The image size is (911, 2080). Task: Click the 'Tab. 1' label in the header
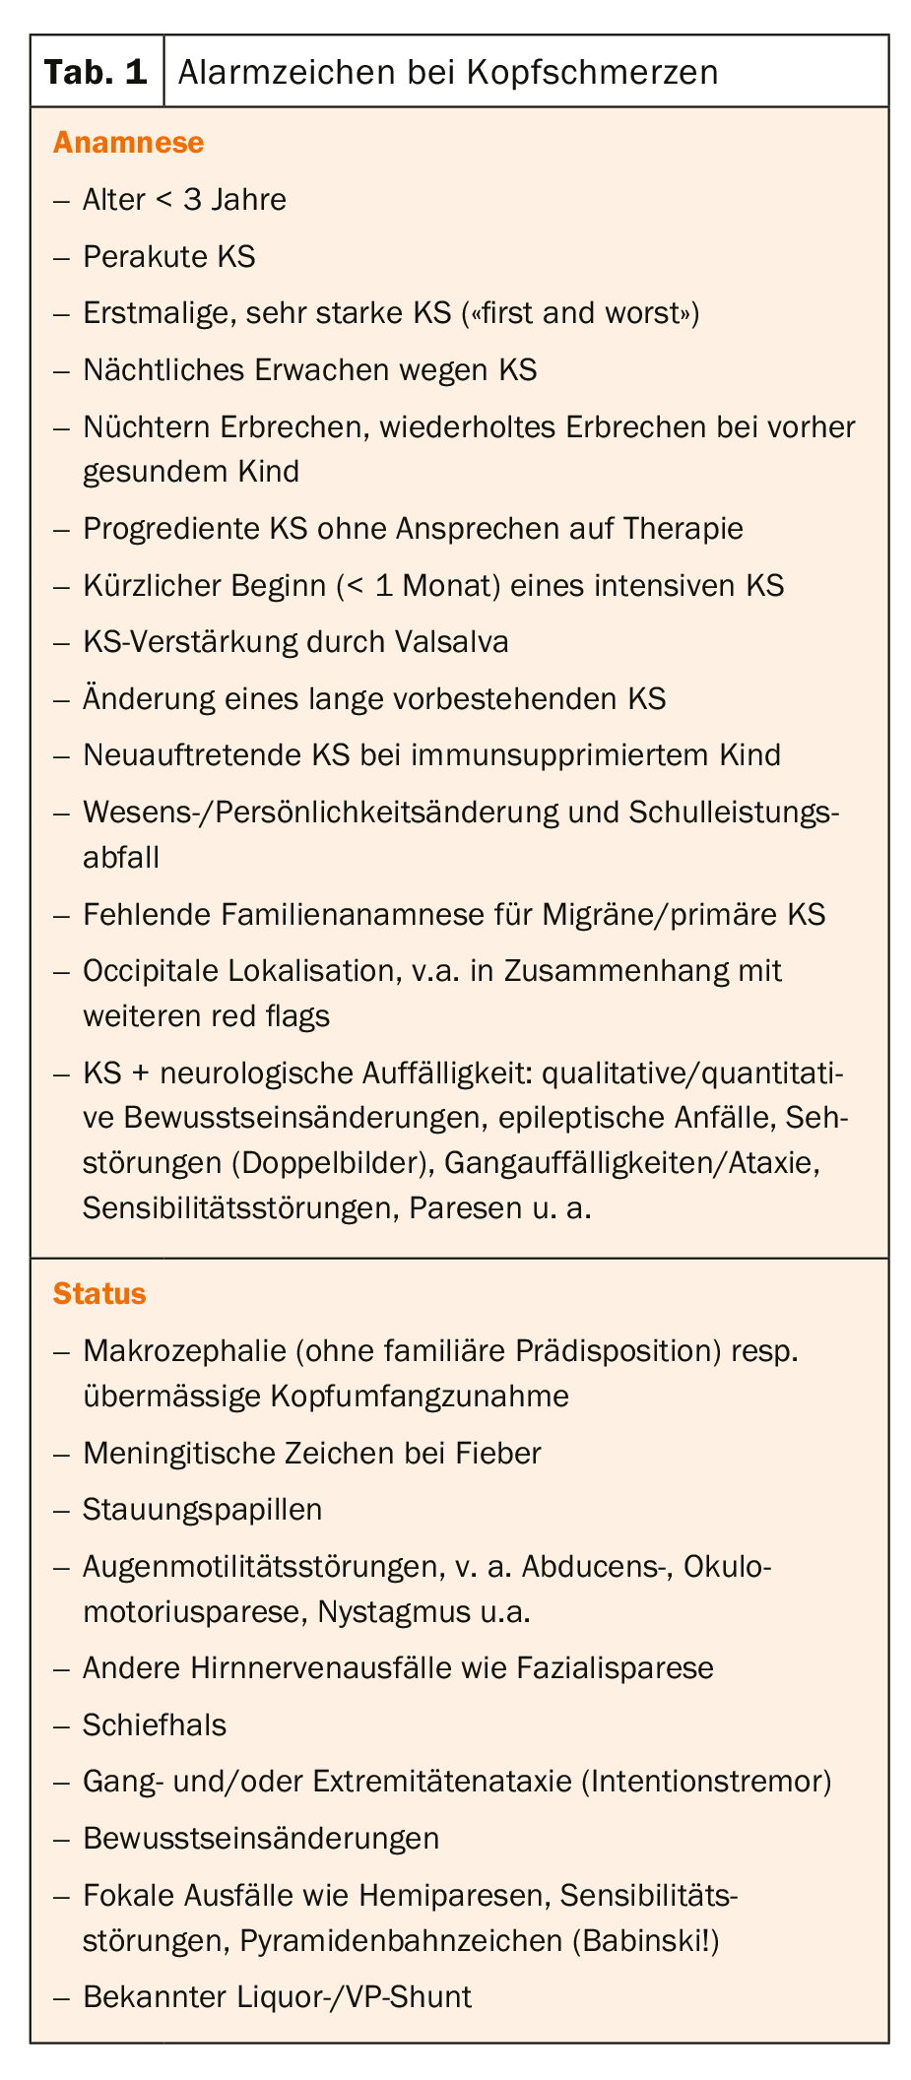(x=96, y=72)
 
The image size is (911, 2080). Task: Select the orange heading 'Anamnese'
(x=128, y=143)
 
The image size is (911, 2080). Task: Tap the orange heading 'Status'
(x=99, y=1293)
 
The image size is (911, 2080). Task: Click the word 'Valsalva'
(x=451, y=642)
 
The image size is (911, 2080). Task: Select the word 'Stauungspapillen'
(x=202, y=1510)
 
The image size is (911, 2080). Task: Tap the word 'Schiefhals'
(x=155, y=1724)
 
